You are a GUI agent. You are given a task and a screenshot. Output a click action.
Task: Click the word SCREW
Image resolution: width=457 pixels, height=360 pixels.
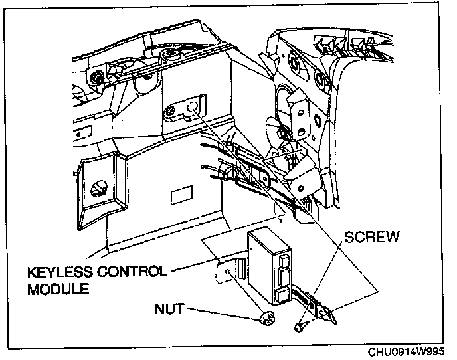(x=372, y=237)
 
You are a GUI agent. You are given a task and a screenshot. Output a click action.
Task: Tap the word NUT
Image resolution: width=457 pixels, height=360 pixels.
(x=169, y=309)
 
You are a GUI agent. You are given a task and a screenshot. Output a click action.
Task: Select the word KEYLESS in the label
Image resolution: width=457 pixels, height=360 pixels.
(x=60, y=272)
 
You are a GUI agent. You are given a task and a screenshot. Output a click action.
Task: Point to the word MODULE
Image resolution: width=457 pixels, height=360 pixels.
(x=58, y=289)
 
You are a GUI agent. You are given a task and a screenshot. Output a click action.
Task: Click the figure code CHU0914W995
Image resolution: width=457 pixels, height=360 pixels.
(x=406, y=352)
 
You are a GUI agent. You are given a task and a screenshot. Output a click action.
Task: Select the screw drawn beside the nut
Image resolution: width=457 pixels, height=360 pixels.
(x=300, y=327)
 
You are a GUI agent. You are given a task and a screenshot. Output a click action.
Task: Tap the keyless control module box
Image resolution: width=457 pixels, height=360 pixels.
(x=269, y=265)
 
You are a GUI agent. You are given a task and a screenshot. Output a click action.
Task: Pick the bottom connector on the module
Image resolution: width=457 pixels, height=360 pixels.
(x=283, y=296)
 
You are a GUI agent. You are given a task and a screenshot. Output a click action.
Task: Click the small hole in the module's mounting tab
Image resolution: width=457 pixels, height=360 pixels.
(x=227, y=272)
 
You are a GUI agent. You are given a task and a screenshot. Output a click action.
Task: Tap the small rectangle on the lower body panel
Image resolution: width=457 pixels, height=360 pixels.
(x=182, y=195)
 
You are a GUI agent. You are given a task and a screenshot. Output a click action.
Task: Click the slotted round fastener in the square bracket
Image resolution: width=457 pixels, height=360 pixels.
(x=98, y=189)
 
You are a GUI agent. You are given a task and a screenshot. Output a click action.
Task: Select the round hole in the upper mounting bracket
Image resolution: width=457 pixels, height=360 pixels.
(x=192, y=107)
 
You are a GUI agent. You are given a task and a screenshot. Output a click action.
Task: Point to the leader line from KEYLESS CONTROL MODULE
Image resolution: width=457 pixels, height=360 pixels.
(x=208, y=261)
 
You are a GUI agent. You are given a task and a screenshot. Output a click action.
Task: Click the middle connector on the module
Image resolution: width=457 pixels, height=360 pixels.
(x=284, y=278)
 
